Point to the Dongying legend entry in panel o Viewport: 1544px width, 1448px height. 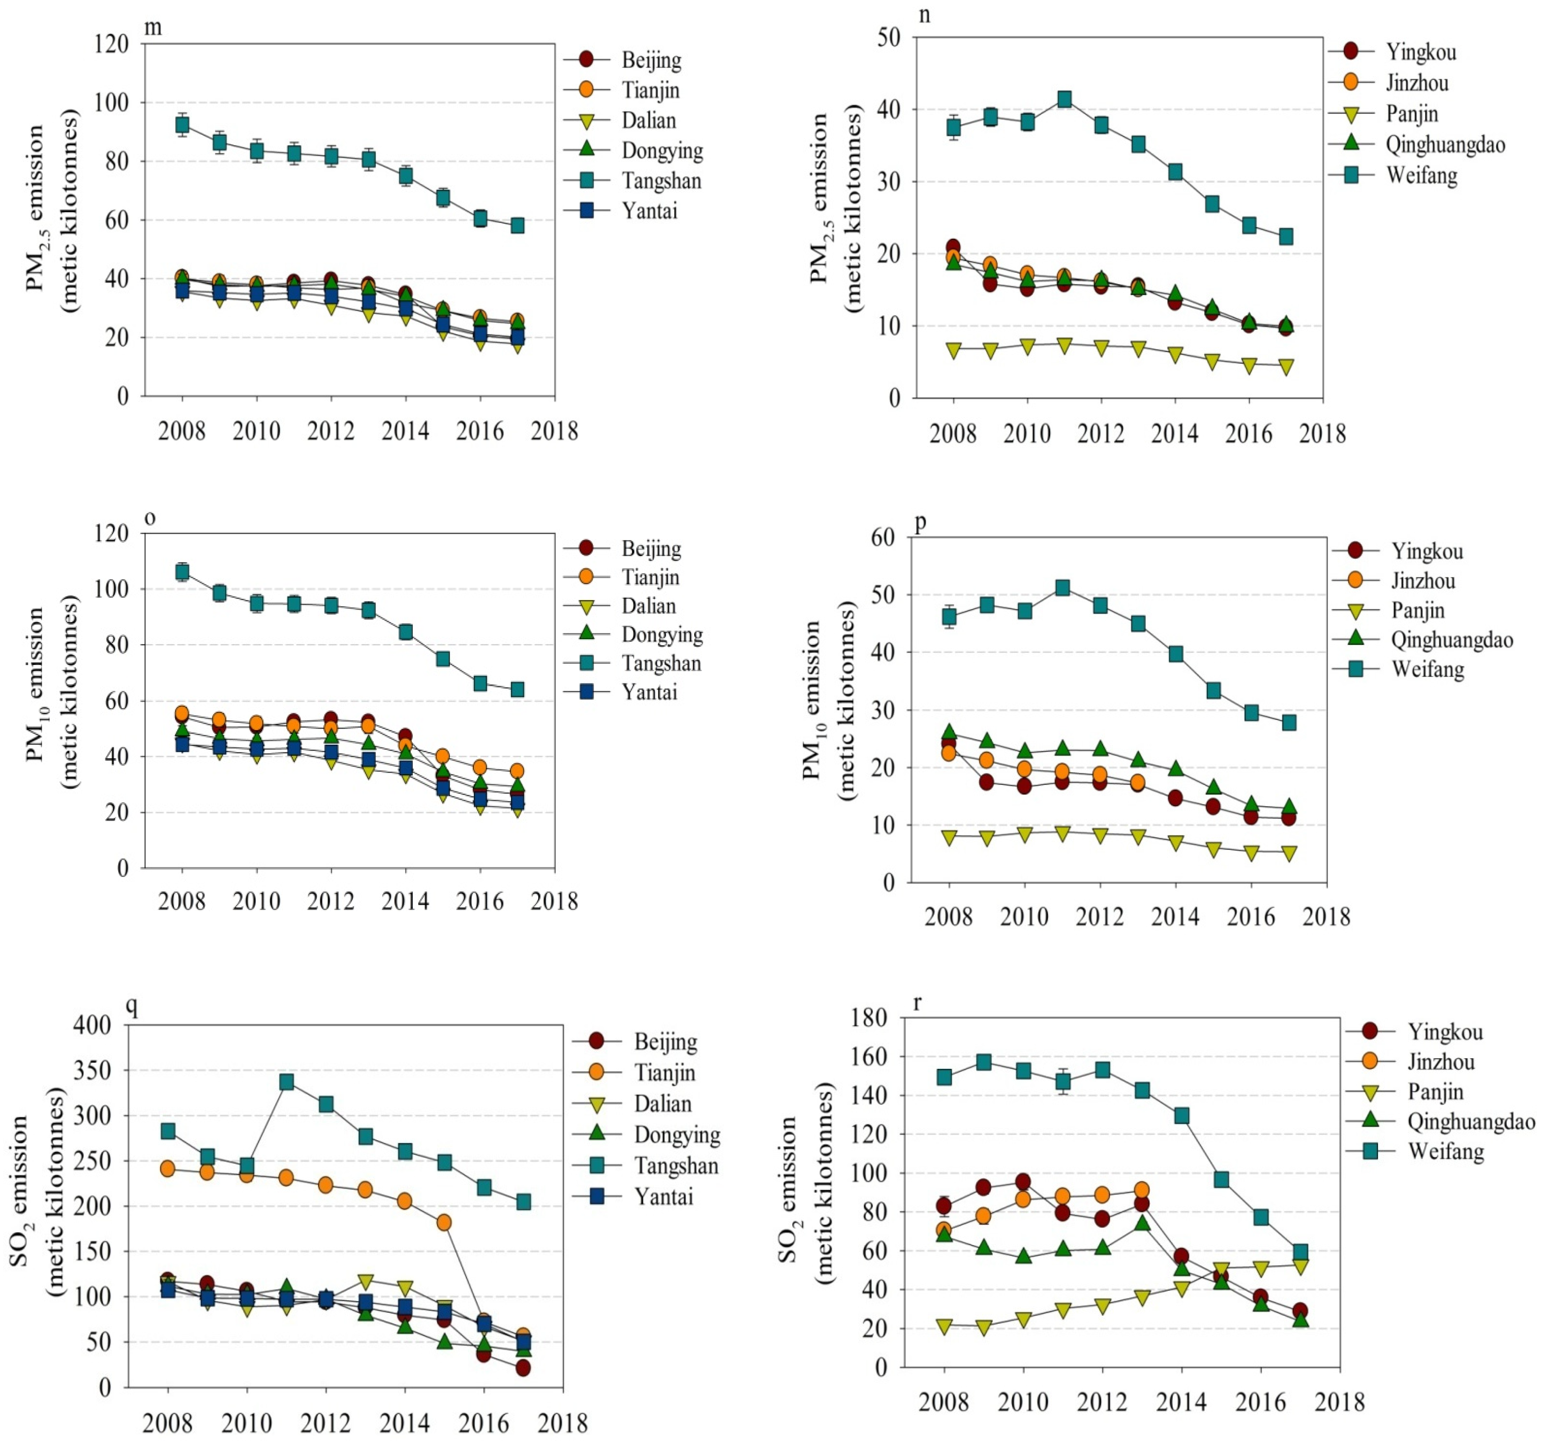(x=662, y=635)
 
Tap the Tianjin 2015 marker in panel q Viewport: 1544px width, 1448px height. (x=444, y=1222)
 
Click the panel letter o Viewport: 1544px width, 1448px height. (x=150, y=518)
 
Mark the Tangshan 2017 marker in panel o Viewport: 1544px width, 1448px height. (x=517, y=690)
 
